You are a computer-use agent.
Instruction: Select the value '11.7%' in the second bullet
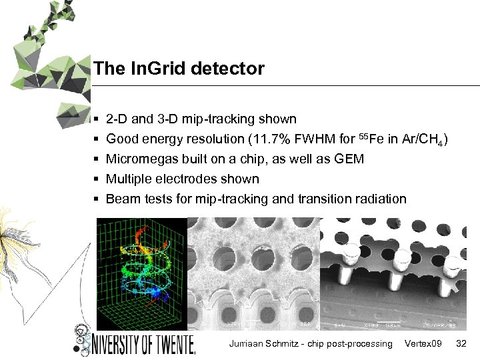pos(264,139)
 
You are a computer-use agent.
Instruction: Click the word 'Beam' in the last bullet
pos(122,199)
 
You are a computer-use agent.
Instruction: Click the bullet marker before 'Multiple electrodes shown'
pos(97,179)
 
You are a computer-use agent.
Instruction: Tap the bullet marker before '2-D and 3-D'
pos(97,120)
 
